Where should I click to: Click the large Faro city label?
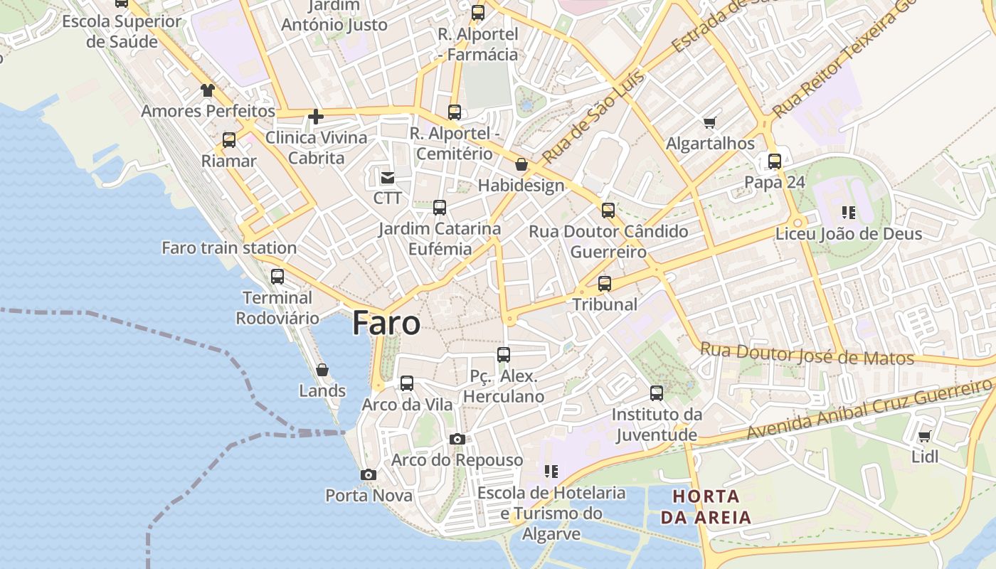click(x=386, y=323)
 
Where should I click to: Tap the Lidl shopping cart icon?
click(x=924, y=436)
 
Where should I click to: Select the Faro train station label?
click(x=229, y=248)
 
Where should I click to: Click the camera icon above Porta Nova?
click(x=368, y=474)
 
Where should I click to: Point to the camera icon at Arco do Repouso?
click(x=457, y=439)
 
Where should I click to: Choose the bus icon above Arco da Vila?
click(x=407, y=383)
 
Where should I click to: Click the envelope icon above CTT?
click(x=388, y=177)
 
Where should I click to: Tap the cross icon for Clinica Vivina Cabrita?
click(x=316, y=116)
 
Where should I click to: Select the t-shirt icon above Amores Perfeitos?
click(x=207, y=90)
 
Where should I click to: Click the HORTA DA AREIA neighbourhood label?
click(x=706, y=506)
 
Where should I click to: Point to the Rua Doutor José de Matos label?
click(x=807, y=353)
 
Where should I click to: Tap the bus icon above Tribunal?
click(x=605, y=283)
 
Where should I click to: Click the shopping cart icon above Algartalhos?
click(x=709, y=123)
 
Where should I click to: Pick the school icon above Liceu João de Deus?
click(x=848, y=212)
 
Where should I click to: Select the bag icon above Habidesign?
click(x=521, y=164)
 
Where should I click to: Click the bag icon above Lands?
click(x=322, y=370)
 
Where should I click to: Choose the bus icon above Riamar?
click(x=229, y=139)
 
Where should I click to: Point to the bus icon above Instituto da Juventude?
click(x=657, y=393)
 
